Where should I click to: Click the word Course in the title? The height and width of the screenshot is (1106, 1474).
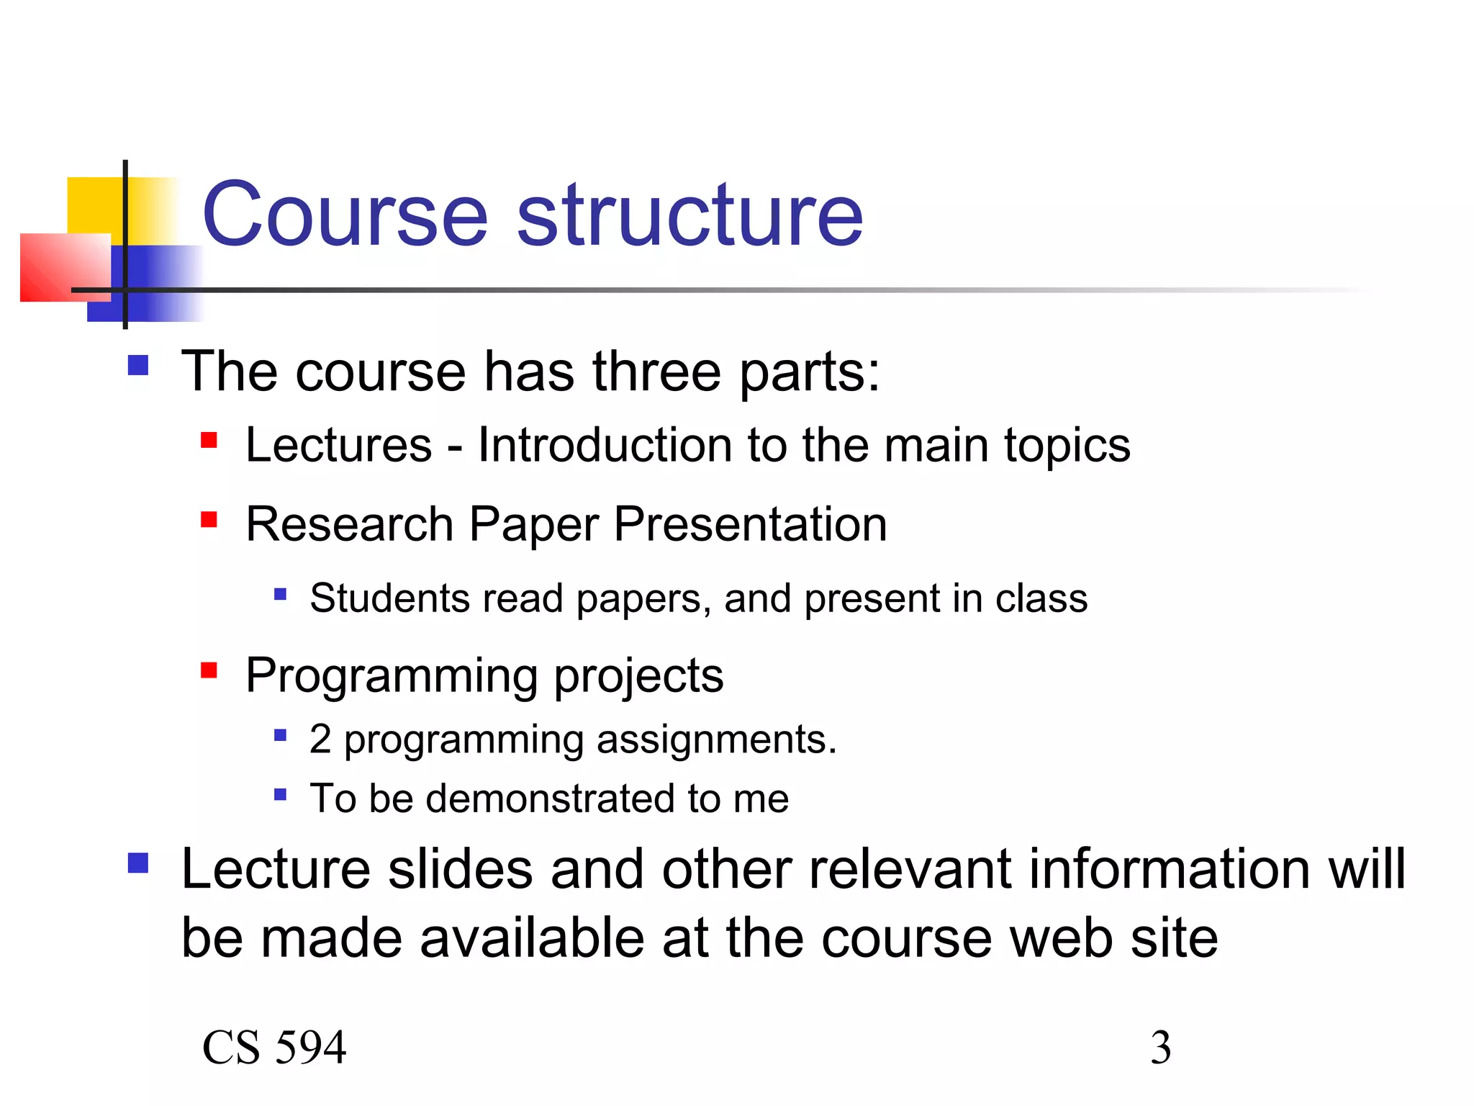[x=345, y=215]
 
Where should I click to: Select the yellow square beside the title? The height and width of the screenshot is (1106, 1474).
[x=95, y=205]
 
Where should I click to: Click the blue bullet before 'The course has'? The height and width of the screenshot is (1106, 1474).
[x=137, y=365]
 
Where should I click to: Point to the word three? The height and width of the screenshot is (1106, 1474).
[x=656, y=372]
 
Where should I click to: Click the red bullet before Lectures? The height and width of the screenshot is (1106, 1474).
[x=209, y=440]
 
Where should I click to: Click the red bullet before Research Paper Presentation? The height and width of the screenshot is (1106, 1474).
[x=209, y=519]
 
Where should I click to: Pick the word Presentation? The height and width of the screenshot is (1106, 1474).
[x=750, y=524]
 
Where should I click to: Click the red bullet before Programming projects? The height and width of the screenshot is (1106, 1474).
[x=209, y=670]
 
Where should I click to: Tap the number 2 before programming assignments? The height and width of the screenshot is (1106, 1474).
[x=320, y=739]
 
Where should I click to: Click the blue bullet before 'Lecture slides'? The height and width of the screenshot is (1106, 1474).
[x=137, y=863]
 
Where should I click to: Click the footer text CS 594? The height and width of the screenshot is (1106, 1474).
[x=274, y=1048]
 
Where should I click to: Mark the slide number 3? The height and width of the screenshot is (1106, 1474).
[x=1160, y=1048]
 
